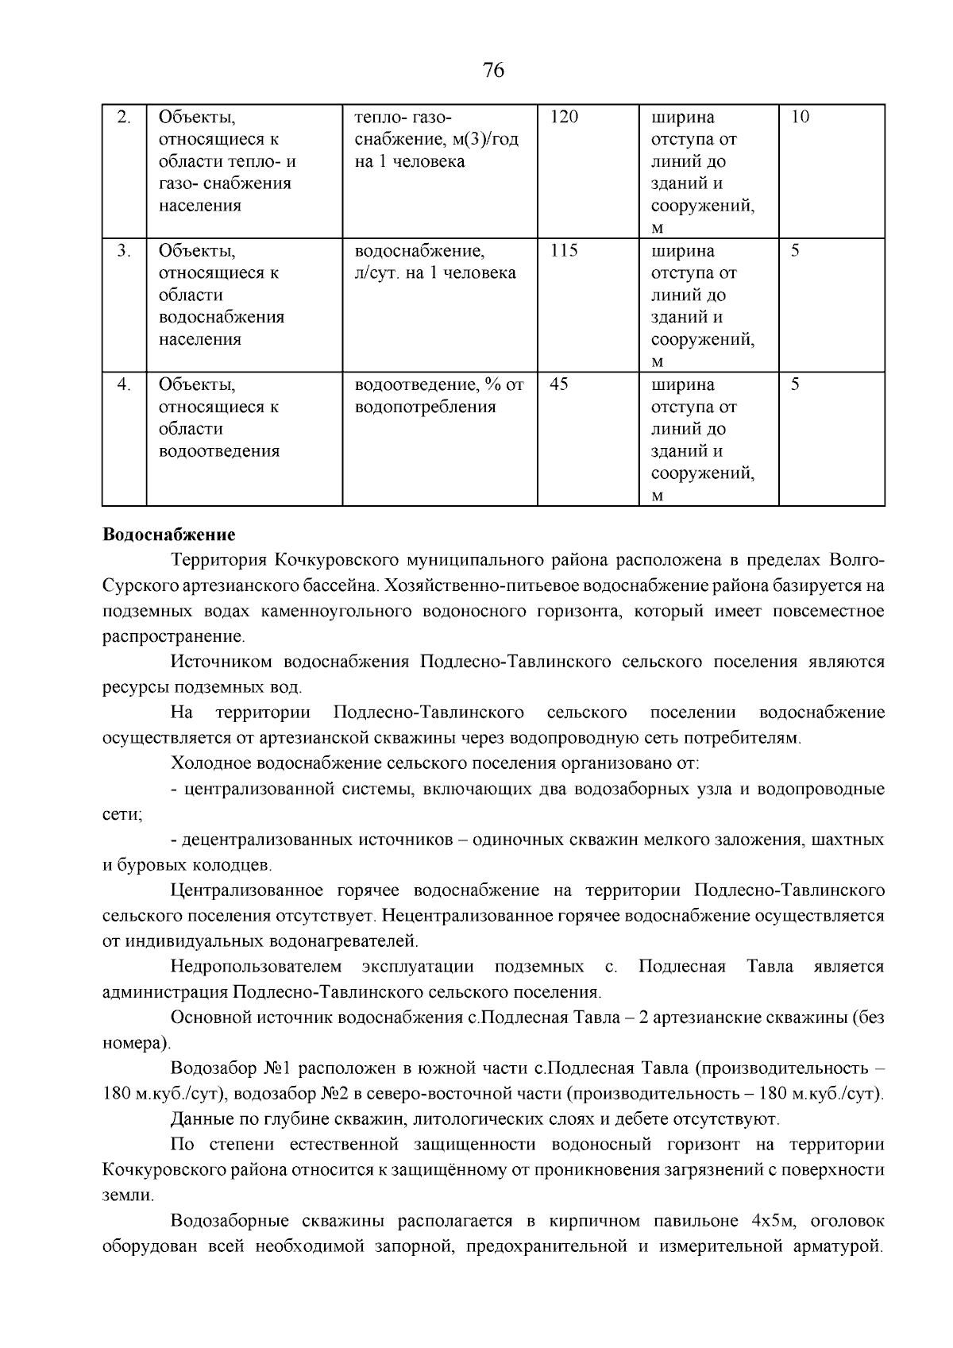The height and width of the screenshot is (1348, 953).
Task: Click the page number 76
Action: [x=493, y=71]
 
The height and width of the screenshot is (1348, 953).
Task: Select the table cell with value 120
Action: [x=565, y=118]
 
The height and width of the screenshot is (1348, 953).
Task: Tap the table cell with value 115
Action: [x=564, y=251]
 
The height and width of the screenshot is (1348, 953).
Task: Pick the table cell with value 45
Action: [x=559, y=384]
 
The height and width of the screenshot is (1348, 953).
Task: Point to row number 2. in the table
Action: [x=123, y=118]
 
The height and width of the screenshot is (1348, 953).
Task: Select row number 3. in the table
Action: [x=123, y=251]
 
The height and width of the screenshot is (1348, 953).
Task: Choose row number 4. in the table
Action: [x=123, y=384]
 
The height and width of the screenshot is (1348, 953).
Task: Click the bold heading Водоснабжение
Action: [x=168, y=533]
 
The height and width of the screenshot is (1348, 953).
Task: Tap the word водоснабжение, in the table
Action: [x=419, y=251]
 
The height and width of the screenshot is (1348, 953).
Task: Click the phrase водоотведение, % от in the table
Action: [x=439, y=384]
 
